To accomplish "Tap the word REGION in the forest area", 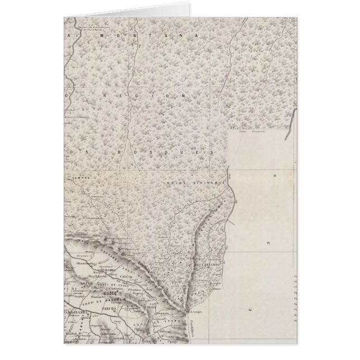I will [140, 96].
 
